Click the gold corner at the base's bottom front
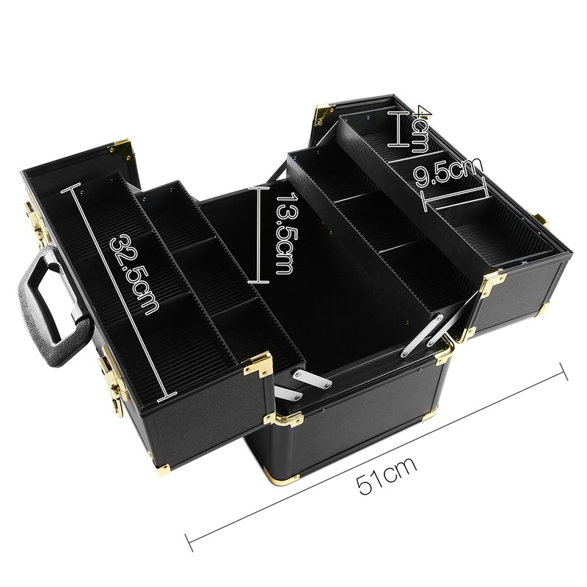point(282,477)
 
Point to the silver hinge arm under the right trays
point(421,336)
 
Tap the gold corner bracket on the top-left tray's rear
point(121,150)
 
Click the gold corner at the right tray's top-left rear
point(324,114)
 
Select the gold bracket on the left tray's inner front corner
point(259,364)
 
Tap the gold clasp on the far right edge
point(542,220)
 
